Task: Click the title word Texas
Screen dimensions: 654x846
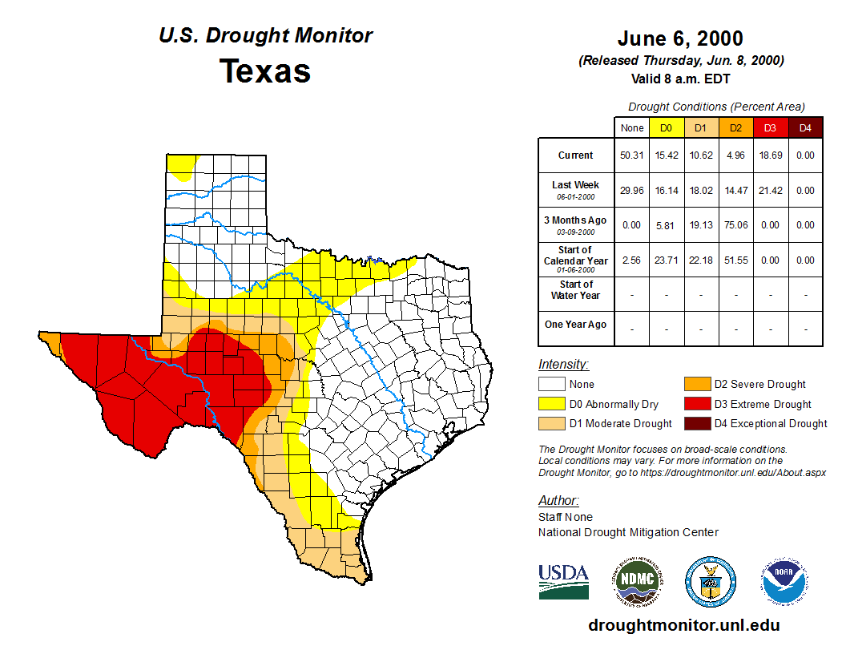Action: click(265, 71)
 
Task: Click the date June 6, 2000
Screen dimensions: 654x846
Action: click(680, 38)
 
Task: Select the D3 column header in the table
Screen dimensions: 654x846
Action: click(769, 127)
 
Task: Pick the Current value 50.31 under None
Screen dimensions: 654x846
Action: click(631, 155)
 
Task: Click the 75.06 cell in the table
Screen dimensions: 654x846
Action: click(735, 225)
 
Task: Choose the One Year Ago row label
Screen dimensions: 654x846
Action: click(575, 325)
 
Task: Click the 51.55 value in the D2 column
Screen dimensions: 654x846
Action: click(735, 260)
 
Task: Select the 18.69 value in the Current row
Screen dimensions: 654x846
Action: click(769, 155)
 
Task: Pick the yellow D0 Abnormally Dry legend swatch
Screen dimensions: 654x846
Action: click(552, 404)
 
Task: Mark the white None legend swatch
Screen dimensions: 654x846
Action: click(552, 385)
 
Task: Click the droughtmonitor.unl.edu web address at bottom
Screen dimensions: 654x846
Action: click(683, 625)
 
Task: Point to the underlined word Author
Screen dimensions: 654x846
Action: click(558, 501)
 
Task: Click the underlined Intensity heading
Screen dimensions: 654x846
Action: click(563, 365)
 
